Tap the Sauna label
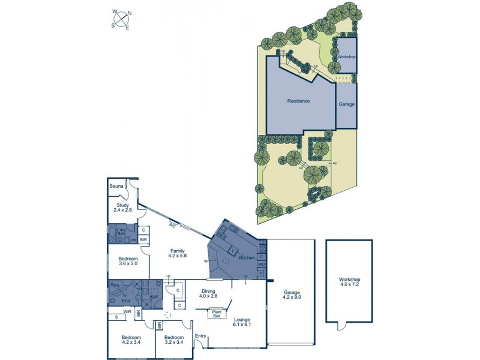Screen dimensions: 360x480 point(116,187)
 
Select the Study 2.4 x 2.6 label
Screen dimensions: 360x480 point(122,207)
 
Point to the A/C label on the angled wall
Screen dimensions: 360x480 point(173,226)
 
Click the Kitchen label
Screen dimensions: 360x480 point(247,257)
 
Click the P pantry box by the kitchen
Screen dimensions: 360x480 point(262,274)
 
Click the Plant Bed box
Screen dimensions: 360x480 point(217,313)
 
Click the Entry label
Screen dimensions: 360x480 point(200,337)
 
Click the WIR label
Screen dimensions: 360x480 point(127,311)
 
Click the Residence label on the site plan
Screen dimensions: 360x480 point(298,101)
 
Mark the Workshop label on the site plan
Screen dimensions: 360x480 point(347,56)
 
